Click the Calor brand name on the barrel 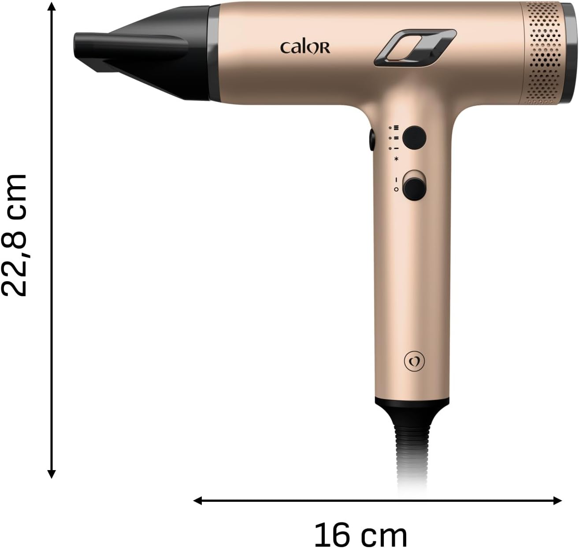[x=305, y=48]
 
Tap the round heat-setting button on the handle [x=414, y=137]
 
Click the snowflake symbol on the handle [x=397, y=159]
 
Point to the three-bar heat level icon [x=396, y=128]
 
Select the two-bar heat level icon [x=396, y=138]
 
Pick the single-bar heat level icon [x=396, y=148]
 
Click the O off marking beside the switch [x=396, y=189]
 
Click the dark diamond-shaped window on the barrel [x=415, y=48]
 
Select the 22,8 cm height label [x=16, y=235]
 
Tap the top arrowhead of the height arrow [x=52, y=6]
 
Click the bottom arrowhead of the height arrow [x=52, y=474]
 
